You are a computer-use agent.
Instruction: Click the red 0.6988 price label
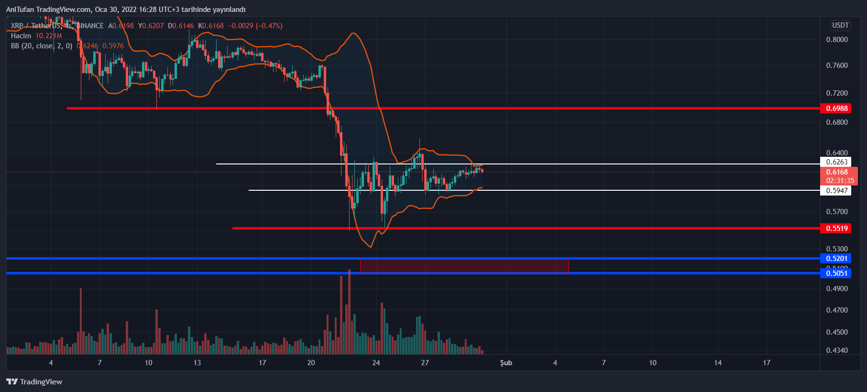(836, 109)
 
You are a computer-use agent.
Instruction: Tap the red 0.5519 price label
(836, 229)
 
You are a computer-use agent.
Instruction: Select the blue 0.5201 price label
(836, 259)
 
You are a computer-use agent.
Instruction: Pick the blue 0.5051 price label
(836, 273)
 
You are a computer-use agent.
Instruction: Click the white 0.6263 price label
(836, 162)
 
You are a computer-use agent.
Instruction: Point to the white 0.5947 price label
(836, 191)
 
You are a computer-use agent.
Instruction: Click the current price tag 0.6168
(837, 173)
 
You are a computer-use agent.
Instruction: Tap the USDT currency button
(840, 25)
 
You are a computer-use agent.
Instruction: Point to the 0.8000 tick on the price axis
(837, 40)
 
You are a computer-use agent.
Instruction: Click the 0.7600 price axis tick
(837, 65)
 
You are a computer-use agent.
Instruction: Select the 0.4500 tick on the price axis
(837, 332)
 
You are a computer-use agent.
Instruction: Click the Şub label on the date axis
(506, 363)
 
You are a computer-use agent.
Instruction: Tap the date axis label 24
(376, 363)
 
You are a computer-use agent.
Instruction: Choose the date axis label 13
(197, 363)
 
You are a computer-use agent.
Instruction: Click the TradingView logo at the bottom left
(34, 381)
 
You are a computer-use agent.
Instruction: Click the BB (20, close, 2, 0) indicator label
(42, 46)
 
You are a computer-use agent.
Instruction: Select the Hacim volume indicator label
(21, 36)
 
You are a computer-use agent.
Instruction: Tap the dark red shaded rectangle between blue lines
(464, 266)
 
